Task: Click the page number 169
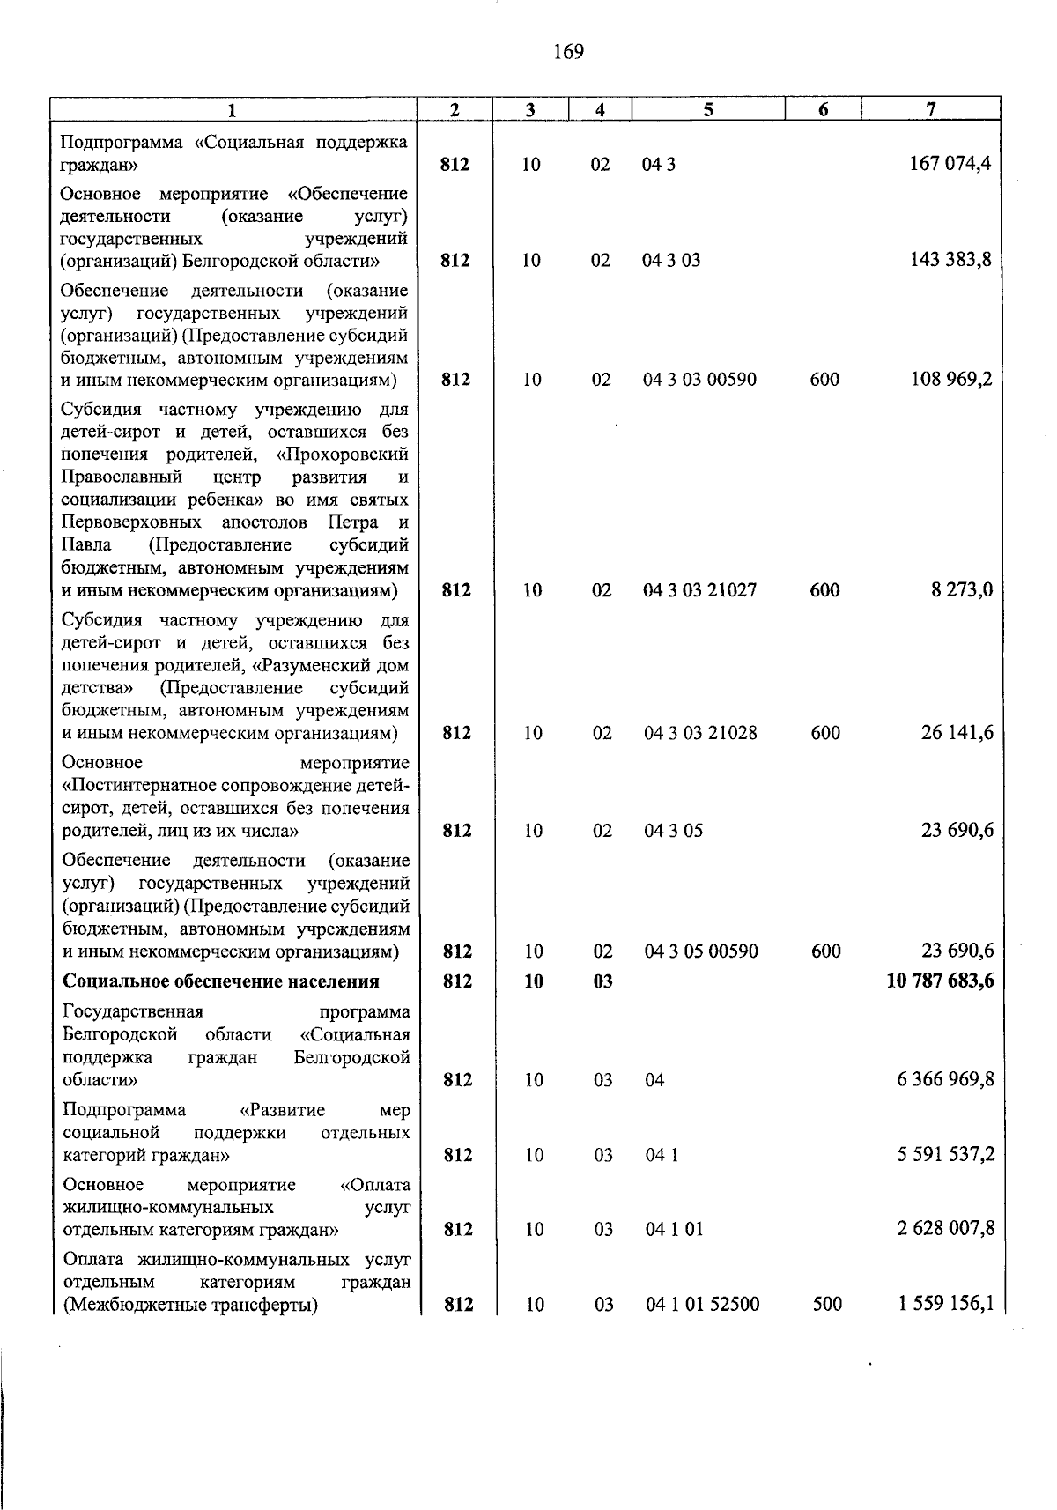pyautogui.click(x=569, y=52)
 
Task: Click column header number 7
pyautogui.click(x=930, y=108)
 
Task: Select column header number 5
pyautogui.click(x=708, y=108)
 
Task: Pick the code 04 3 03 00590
pyautogui.click(x=699, y=380)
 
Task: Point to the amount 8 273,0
pyautogui.click(x=962, y=590)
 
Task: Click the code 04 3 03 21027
pyautogui.click(x=699, y=590)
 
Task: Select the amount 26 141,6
pyautogui.click(x=957, y=733)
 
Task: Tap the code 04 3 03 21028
pyautogui.click(x=700, y=733)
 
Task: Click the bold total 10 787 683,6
pyautogui.click(x=940, y=981)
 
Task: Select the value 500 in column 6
pyautogui.click(x=827, y=1304)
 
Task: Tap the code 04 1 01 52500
pyautogui.click(x=702, y=1304)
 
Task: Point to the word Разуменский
pyautogui.click(x=329, y=666)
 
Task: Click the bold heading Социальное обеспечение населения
pyautogui.click(x=221, y=981)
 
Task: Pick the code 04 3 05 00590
pyautogui.click(x=701, y=951)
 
